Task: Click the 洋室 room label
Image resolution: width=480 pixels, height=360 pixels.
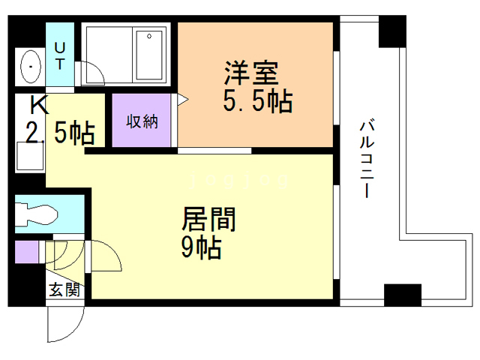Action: pos(251,73)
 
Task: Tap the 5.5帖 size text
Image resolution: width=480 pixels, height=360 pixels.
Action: pos(258,100)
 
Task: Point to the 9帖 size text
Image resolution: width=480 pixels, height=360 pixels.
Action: pos(202,247)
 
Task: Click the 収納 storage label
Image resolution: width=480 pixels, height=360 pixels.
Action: pos(142,121)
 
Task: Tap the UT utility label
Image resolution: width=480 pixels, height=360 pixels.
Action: pos(60,56)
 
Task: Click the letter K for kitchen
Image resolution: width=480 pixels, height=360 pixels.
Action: pos(39,105)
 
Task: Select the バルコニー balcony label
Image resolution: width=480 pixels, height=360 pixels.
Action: pos(367,159)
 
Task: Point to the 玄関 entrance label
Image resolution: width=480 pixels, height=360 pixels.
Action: pos(64,289)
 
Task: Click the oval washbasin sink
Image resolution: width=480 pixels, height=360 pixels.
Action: pos(30,67)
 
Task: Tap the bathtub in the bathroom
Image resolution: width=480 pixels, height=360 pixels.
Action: pos(149,55)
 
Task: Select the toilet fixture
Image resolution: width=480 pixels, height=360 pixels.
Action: pos(36,214)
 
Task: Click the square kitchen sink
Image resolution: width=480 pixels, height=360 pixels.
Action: pos(30,156)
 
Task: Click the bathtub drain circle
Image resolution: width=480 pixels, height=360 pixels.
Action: pos(149,37)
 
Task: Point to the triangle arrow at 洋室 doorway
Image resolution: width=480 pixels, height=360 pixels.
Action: pos(183,100)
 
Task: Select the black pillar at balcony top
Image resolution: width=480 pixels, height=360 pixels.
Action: pos(392,31)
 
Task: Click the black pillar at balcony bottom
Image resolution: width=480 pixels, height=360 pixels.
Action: pos(403,295)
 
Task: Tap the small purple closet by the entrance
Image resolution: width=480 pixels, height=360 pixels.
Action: pos(27,252)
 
